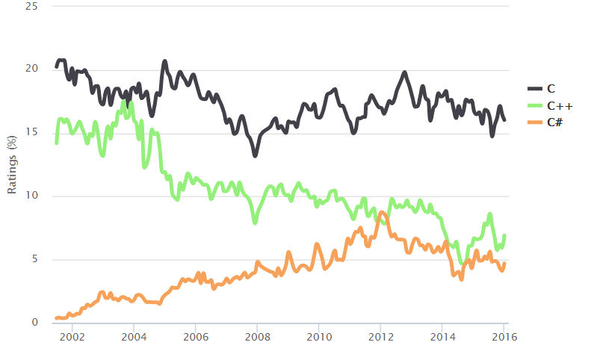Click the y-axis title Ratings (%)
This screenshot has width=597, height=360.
click(12, 165)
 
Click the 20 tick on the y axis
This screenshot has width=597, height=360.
click(34, 69)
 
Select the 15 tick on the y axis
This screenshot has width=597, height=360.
click(34, 133)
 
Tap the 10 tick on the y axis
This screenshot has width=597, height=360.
click(34, 196)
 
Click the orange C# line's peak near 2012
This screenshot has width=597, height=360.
click(382, 214)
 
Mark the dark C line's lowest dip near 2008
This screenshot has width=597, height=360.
click(256, 155)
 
